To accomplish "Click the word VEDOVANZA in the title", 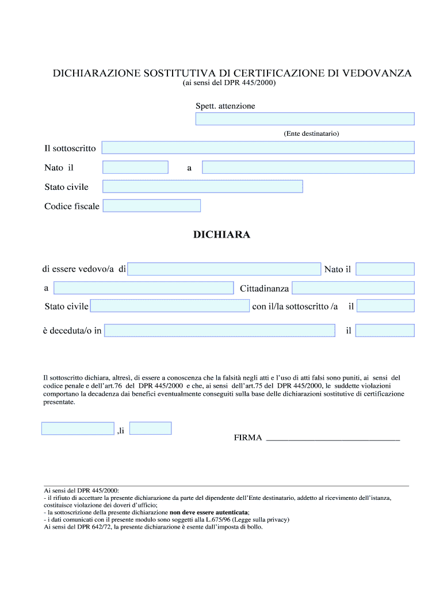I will coord(377,74).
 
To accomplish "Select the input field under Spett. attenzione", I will coord(305,118).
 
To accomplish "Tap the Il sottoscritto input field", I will coord(258,148).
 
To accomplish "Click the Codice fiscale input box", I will coord(152,205).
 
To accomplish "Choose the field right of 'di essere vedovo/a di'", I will coord(224,269).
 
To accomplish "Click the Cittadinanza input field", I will coord(353,288).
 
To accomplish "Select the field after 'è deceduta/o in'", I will coord(220,330).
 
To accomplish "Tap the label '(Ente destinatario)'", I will coord(311,133).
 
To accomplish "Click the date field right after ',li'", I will coord(151,428).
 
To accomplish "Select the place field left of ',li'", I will coord(78,429).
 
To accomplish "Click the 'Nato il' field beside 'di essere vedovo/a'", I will coord(385,269).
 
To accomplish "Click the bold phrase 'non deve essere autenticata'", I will coord(209,512).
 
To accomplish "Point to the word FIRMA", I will coord(248,438).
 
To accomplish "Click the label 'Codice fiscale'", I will coord(72,206).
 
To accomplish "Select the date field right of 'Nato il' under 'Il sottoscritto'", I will coord(135,167).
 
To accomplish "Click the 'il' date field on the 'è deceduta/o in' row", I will coord(385,330).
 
